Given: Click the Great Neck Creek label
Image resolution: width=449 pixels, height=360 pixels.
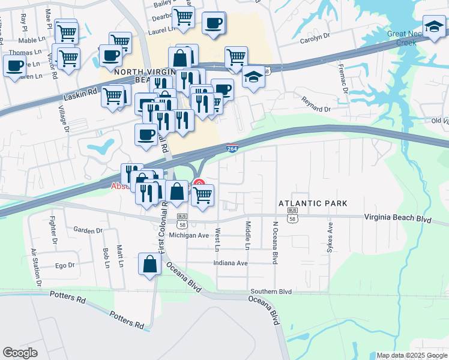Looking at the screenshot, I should (x=406, y=38).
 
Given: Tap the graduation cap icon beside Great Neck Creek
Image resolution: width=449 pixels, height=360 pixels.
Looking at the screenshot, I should (x=434, y=26).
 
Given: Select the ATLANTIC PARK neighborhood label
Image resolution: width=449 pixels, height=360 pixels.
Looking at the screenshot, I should (x=313, y=203).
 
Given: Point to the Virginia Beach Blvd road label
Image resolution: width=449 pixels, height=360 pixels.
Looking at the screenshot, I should (x=398, y=219).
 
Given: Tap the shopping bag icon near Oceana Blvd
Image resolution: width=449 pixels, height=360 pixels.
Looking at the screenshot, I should (x=149, y=264).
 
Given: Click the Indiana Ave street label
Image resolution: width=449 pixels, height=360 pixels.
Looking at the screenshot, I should (x=231, y=263).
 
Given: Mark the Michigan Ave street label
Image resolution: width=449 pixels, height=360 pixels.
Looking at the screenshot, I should (x=188, y=235).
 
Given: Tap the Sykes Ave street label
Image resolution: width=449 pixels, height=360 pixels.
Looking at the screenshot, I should (x=330, y=238).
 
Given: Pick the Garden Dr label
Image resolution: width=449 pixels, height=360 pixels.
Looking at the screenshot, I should (x=88, y=230).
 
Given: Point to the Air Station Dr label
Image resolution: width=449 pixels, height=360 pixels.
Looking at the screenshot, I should (x=36, y=266).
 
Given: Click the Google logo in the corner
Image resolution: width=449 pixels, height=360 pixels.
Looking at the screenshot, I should (x=20, y=353).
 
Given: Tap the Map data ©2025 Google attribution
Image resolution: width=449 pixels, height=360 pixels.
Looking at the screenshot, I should (x=411, y=355).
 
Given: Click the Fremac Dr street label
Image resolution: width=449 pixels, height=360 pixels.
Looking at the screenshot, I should (x=344, y=79).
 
